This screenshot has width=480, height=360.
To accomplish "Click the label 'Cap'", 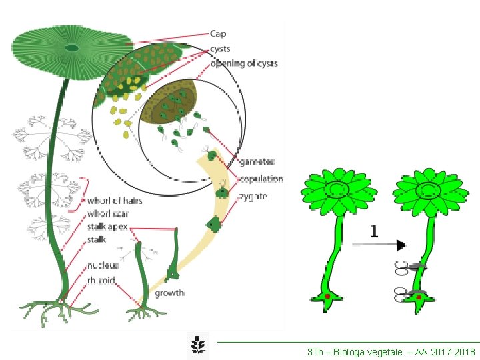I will [x=218, y=33].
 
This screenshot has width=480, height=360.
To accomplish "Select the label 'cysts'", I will [x=221, y=49].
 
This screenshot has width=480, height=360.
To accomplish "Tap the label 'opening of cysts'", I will [x=243, y=64].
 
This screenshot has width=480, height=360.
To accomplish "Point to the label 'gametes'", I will [x=257, y=162].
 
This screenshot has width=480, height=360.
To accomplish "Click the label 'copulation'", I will [x=261, y=179].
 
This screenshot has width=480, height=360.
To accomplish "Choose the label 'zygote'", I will [x=253, y=197].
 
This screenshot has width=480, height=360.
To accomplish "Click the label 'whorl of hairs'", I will [x=115, y=201].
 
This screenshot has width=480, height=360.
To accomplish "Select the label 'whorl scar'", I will [x=108, y=214].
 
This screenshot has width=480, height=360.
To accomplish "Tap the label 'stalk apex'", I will [x=107, y=227].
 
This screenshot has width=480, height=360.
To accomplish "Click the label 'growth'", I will [x=169, y=293].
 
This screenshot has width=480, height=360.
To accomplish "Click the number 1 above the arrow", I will [x=374, y=231].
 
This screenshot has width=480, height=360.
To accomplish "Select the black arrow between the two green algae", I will [x=374, y=245].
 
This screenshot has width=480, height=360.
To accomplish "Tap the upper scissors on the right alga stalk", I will [x=407, y=267].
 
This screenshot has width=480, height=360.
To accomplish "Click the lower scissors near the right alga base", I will [x=407, y=291].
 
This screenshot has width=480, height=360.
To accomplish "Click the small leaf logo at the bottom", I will [x=197, y=345].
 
